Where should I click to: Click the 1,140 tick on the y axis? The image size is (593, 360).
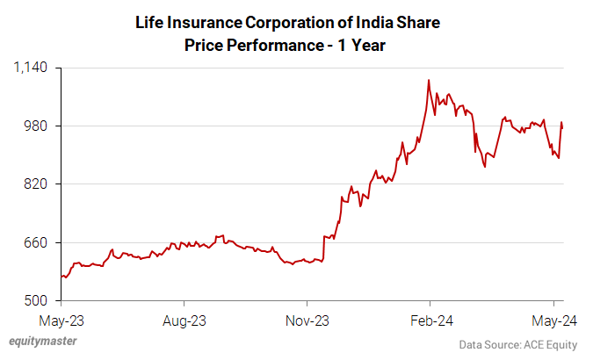click(x=32, y=68)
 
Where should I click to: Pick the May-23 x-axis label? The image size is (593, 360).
click(x=61, y=320)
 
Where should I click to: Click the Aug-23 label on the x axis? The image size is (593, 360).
click(x=184, y=320)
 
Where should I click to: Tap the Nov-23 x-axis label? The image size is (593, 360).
click(x=307, y=320)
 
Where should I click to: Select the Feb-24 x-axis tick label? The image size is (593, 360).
click(x=430, y=320)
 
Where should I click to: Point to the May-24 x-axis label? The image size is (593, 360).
click(x=552, y=320)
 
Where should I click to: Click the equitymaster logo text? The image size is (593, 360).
click(x=42, y=342)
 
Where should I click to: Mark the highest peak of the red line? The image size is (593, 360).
click(x=428, y=80)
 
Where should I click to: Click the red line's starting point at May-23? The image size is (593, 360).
click(x=61, y=277)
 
